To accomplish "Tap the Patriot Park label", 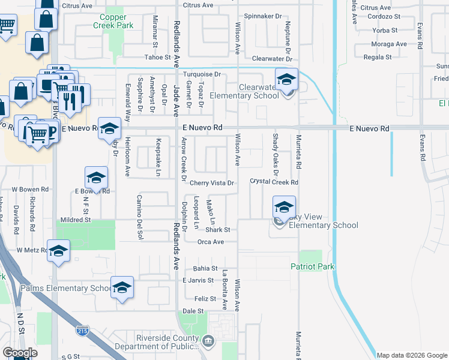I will [312, 266].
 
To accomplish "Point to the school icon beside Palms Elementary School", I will [122, 288].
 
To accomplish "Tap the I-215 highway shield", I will [83, 330].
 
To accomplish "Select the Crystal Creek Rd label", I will [274, 182].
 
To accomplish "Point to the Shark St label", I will [218, 230].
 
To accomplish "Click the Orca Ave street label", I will [210, 242].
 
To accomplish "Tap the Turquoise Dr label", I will [202, 74].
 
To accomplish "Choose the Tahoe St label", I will [158, 58].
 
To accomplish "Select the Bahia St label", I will [205, 268].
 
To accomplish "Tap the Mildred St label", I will [74, 220].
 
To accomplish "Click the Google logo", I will [20, 353].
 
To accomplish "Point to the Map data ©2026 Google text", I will [411, 355].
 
